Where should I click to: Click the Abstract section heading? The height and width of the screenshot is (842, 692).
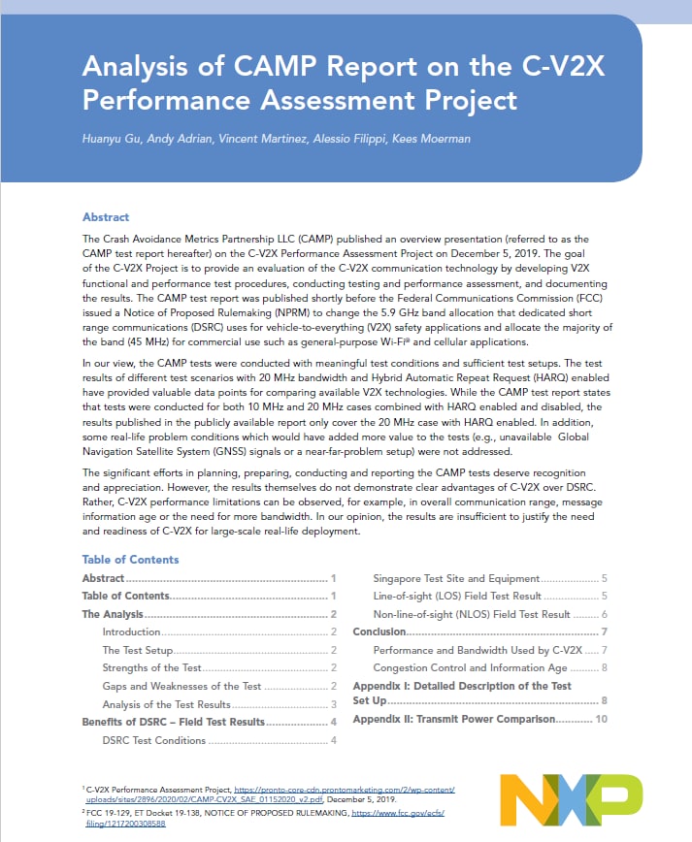[x=106, y=217]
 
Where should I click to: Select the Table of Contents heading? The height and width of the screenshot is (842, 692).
[x=130, y=560]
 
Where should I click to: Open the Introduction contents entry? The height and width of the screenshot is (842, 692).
[x=131, y=632]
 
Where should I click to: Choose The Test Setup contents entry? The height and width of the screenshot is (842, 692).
[x=137, y=650]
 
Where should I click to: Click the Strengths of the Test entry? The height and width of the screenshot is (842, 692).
[x=151, y=668]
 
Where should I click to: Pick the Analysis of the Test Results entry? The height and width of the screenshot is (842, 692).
[x=166, y=704]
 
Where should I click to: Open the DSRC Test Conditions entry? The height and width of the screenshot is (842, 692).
[x=153, y=740]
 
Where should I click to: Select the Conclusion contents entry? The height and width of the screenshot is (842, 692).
[x=379, y=632]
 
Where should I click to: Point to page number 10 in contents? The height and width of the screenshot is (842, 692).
[x=601, y=719]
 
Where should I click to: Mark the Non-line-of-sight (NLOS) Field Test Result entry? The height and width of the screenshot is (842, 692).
[x=471, y=614]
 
